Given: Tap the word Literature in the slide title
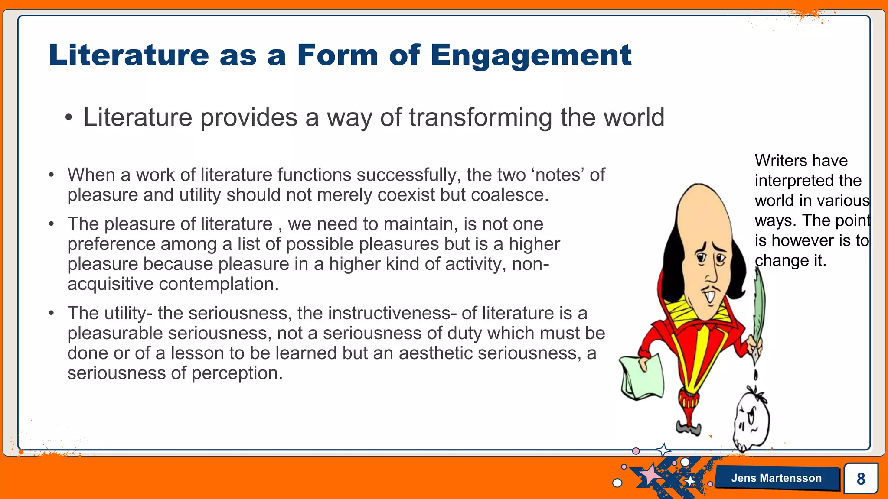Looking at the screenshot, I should coord(129,55).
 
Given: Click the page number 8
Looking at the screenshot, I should coord(861,479).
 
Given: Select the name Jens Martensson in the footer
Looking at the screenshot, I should coord(776,478).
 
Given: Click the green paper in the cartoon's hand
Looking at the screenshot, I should coord(642,377).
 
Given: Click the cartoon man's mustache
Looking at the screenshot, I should coord(711,289).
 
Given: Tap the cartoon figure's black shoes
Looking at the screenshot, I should coord(689,429).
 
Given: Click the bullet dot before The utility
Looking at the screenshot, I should coord(52,313).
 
